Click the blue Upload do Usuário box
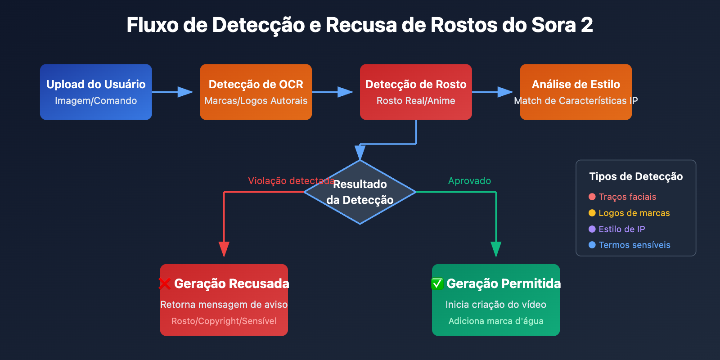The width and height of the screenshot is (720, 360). (96, 92)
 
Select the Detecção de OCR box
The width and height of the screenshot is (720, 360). (256, 92)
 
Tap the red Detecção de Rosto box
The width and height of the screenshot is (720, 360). (416, 92)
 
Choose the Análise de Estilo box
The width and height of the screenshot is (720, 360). (576, 92)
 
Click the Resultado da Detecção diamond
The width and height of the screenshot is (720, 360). (360, 192)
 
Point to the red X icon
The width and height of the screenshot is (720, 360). (165, 283)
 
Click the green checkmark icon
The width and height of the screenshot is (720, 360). (437, 283)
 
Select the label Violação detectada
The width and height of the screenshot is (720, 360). (291, 181)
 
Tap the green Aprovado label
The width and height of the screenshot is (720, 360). (469, 181)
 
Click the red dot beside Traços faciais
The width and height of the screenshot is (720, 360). (592, 197)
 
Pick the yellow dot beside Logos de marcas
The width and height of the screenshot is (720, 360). (592, 213)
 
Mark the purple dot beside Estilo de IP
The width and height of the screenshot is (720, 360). (592, 229)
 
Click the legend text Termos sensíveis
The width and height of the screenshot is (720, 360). (634, 245)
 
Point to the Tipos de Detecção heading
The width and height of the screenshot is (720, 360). (636, 176)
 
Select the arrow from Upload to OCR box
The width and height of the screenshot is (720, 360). (173, 92)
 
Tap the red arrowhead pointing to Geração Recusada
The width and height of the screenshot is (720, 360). (224, 249)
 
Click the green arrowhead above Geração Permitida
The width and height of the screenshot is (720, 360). (496, 249)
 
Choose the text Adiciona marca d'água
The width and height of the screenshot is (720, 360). (496, 321)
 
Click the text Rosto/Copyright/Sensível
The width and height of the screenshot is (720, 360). (224, 321)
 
